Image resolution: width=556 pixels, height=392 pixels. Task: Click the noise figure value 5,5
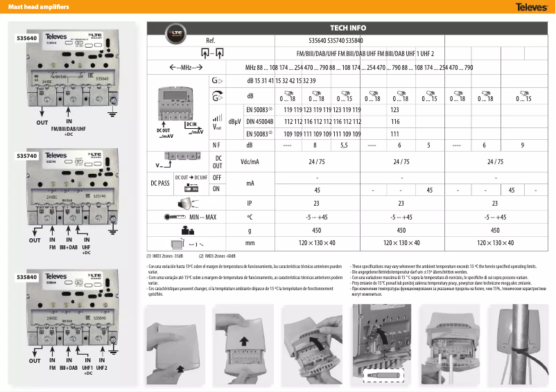click(x=343, y=145)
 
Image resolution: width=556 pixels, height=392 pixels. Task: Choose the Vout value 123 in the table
click(x=394, y=109)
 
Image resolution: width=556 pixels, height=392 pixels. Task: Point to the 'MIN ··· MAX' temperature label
click(x=203, y=217)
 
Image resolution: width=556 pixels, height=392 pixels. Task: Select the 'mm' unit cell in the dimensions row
click(x=250, y=243)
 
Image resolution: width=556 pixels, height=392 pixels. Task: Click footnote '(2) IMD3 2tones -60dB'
click(x=221, y=256)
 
